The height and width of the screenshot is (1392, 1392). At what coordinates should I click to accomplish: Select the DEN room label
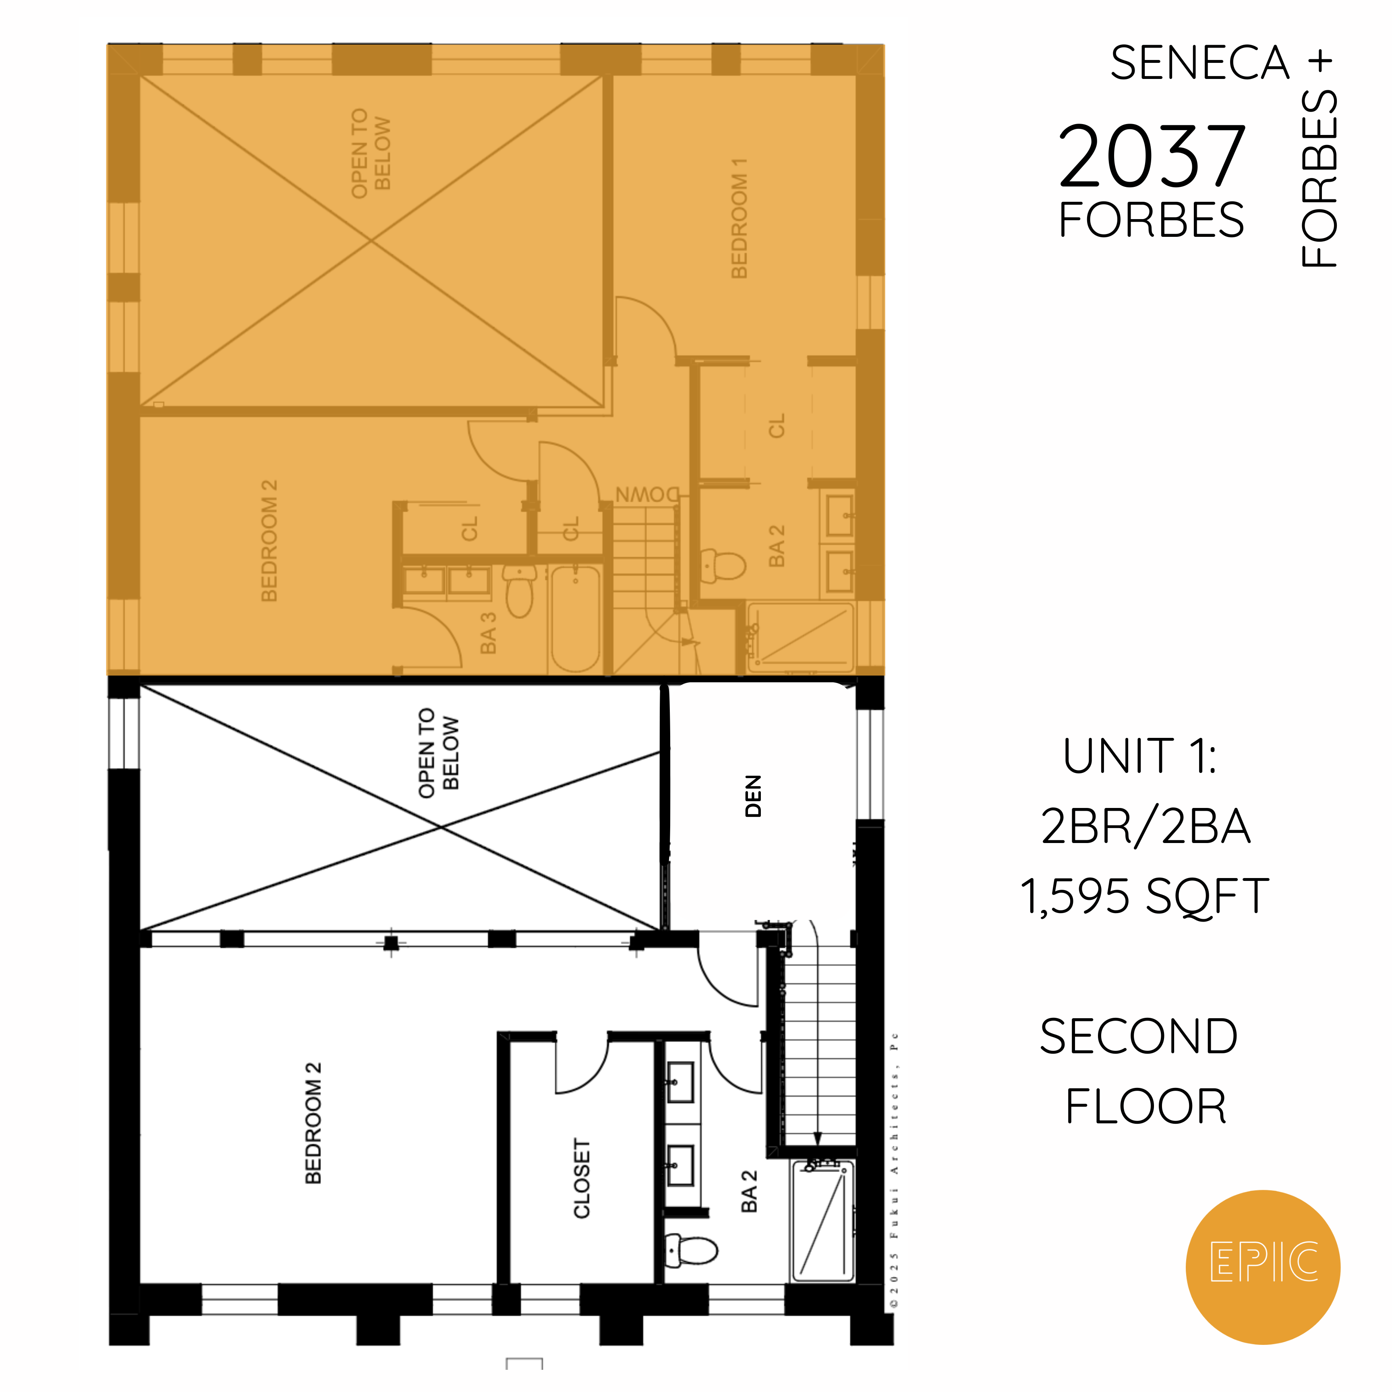pyautogui.click(x=753, y=796)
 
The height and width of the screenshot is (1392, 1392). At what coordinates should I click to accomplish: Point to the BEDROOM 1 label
pyautogui.click(x=739, y=218)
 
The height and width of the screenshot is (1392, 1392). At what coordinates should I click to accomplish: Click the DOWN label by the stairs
pyautogui.click(x=647, y=495)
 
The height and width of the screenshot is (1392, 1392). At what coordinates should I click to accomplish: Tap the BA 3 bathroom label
pyautogui.click(x=489, y=633)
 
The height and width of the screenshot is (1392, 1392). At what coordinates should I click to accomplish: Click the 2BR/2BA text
pyautogui.click(x=1145, y=826)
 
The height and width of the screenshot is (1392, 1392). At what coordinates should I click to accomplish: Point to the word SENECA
pyautogui.click(x=1199, y=63)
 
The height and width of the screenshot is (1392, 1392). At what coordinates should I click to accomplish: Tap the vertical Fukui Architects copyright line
pyautogui.click(x=894, y=1171)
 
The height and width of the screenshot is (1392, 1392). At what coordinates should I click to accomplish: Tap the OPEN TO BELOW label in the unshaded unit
pyautogui.click(x=438, y=753)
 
